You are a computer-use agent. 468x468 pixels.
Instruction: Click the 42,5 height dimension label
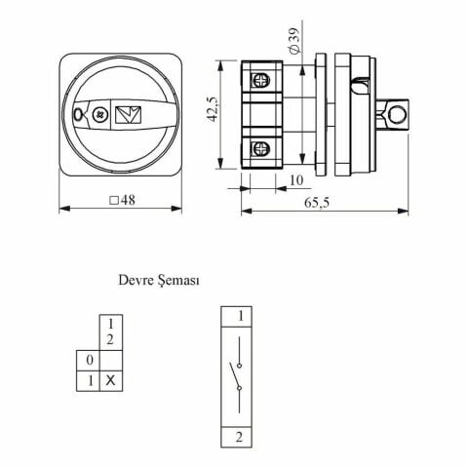click(x=214, y=109)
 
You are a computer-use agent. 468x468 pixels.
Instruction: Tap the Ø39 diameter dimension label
click(x=293, y=40)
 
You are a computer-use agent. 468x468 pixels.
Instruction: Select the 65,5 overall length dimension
click(x=317, y=203)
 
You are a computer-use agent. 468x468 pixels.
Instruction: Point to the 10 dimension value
click(x=296, y=180)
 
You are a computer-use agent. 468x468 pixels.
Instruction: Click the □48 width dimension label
click(x=122, y=200)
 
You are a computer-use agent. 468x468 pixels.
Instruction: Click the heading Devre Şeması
click(x=159, y=280)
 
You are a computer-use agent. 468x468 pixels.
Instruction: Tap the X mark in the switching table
click(x=110, y=380)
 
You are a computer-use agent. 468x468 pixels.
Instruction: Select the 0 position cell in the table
click(x=88, y=361)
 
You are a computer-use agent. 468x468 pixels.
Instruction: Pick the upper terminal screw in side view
click(x=261, y=80)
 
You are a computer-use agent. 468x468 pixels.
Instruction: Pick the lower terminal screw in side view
click(x=261, y=149)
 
